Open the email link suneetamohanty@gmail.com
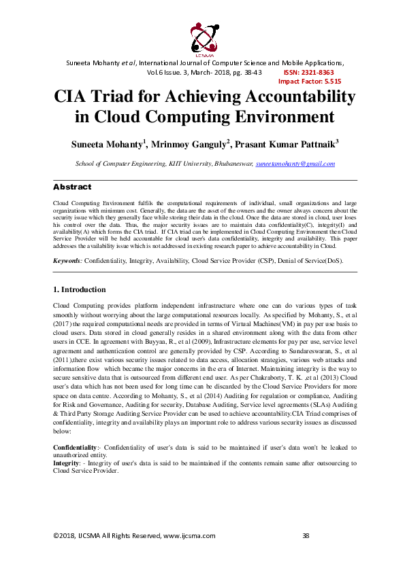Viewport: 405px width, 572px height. (295, 164)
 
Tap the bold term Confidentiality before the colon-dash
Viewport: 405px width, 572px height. (75, 448)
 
